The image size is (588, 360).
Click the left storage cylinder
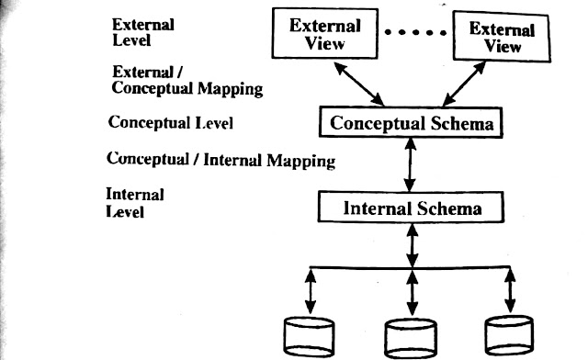click(x=309, y=337)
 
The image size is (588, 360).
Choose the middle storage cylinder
click(x=411, y=339)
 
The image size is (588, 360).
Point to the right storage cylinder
click(x=509, y=335)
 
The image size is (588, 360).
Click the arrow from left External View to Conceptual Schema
click(x=359, y=84)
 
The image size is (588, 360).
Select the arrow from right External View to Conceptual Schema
click(x=464, y=84)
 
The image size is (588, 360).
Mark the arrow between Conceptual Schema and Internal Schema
click(x=411, y=164)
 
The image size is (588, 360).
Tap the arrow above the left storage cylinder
click(x=311, y=291)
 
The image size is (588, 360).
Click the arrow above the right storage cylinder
click(x=510, y=290)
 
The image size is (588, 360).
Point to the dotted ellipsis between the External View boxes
click(x=415, y=33)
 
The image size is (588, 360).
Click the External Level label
click(x=143, y=33)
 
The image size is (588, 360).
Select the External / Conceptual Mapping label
click(x=187, y=81)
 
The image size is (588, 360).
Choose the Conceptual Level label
click(x=171, y=123)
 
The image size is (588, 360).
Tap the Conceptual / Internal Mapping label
click(x=220, y=160)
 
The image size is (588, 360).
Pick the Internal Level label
click(x=135, y=203)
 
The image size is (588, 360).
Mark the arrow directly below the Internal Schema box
click(x=413, y=245)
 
